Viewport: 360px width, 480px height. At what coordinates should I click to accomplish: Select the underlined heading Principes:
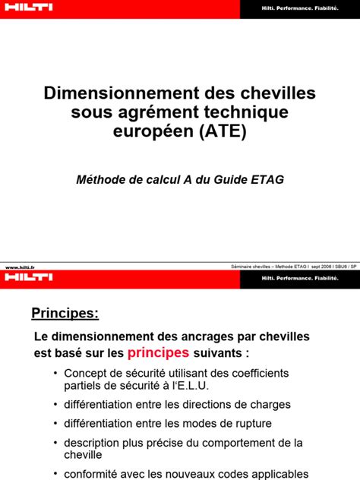pos(65,313)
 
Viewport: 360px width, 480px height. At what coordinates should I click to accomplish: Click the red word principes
pos(159,352)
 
